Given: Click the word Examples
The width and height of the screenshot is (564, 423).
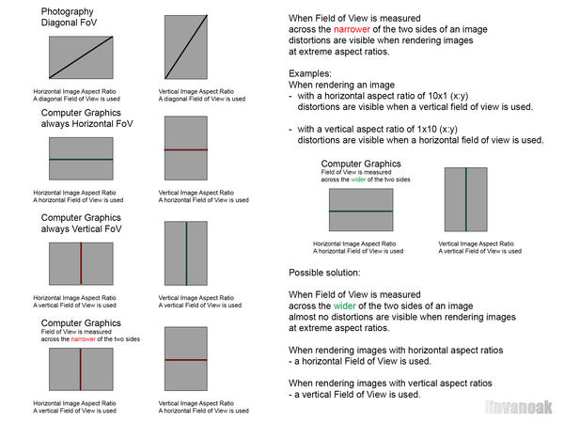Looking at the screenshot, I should click(x=311, y=70).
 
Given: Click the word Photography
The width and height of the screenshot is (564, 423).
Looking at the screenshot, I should click(x=66, y=12).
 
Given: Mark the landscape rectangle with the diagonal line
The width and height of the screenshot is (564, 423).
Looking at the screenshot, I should click(x=80, y=55).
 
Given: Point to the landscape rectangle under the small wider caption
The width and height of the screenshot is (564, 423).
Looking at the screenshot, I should click(x=360, y=211).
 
